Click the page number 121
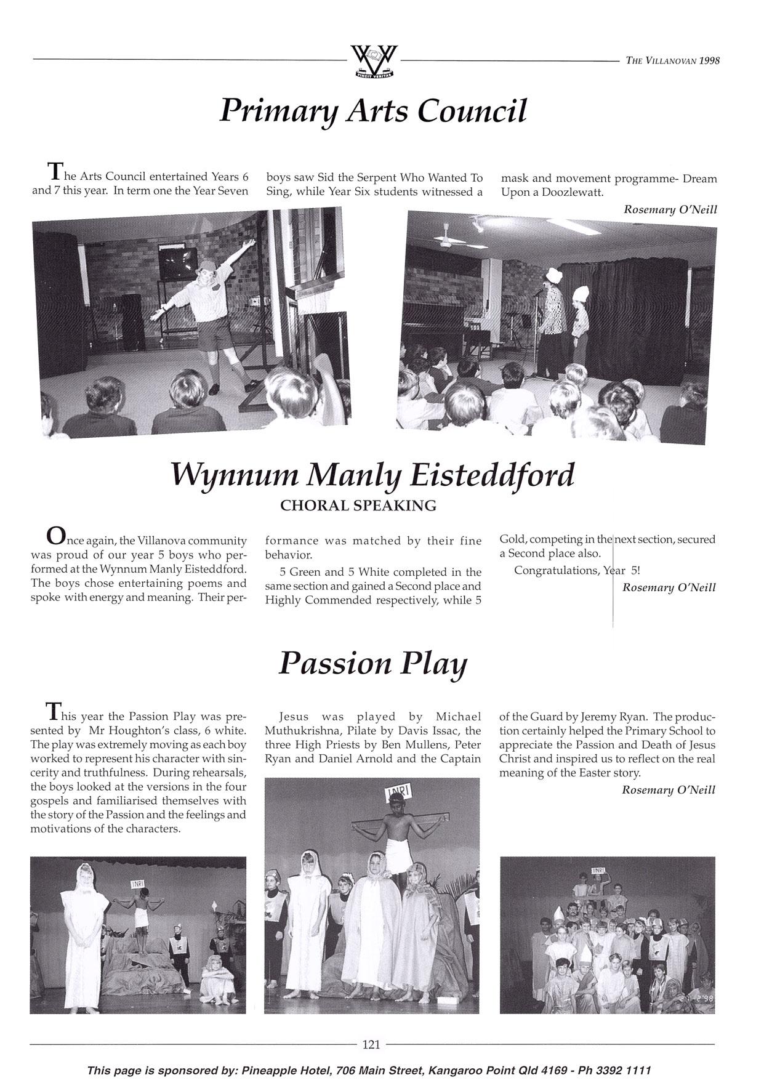tap(371, 1044)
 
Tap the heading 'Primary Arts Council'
tap(373, 111)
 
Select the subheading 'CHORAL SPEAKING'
tap(358, 506)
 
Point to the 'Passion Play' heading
tap(372, 664)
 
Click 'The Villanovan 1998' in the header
tap(672, 60)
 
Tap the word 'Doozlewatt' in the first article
tap(572, 192)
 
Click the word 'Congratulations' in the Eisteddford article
tap(555, 570)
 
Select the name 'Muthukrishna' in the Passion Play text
tap(301, 731)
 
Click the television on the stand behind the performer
tap(178, 262)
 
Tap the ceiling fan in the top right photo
tap(446, 238)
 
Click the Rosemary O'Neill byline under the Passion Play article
tap(669, 789)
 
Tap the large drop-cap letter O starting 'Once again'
tap(55, 536)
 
